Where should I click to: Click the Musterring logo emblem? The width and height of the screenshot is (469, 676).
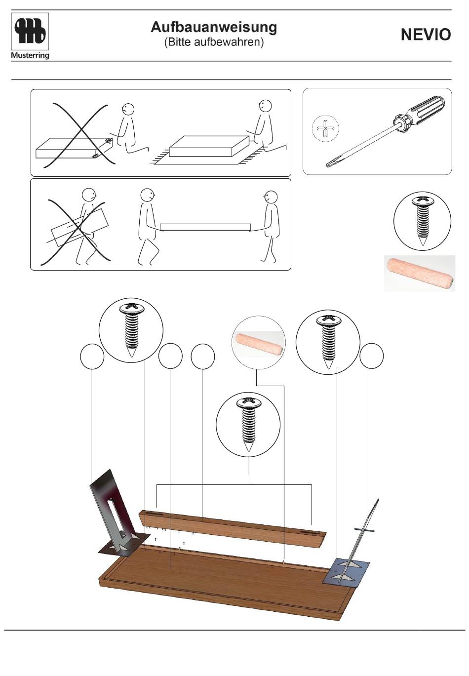pyautogui.click(x=30, y=31)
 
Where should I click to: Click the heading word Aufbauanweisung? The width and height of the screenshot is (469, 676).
pyautogui.click(x=214, y=27)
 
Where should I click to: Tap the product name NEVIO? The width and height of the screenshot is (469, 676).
pyautogui.click(x=426, y=35)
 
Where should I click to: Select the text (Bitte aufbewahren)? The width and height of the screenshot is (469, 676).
pyautogui.click(x=214, y=42)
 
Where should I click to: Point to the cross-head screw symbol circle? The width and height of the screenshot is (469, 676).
pyautogui.click(x=325, y=129)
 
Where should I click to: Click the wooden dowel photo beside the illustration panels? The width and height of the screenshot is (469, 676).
pyautogui.click(x=420, y=273)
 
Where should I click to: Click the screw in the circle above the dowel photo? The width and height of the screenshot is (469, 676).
pyautogui.click(x=422, y=221)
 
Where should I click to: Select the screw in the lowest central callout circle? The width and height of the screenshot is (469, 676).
pyautogui.click(x=248, y=424)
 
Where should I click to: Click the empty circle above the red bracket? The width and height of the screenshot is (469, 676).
pyautogui.click(x=92, y=357)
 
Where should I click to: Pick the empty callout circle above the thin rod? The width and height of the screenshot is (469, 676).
pyautogui.click(x=372, y=357)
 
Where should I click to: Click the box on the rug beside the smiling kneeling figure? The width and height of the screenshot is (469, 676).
pyautogui.click(x=209, y=147)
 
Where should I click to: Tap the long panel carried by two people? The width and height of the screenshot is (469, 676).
pyautogui.click(x=205, y=227)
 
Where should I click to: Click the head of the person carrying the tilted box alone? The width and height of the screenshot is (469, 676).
pyautogui.click(x=89, y=195)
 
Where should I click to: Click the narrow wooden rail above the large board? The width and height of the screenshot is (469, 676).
pyautogui.click(x=233, y=529)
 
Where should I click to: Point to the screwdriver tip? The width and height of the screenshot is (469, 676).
pyautogui.click(x=329, y=165)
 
